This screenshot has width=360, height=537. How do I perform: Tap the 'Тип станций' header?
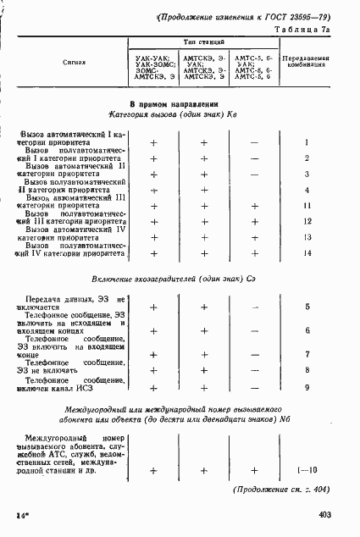click(x=204, y=41)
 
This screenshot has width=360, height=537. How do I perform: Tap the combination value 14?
click(x=307, y=253)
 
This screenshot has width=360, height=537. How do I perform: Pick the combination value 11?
click(x=307, y=206)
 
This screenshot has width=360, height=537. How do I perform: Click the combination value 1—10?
click(x=307, y=470)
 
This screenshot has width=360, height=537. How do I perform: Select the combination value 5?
click(x=307, y=306)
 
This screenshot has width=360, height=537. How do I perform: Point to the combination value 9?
click(x=307, y=387)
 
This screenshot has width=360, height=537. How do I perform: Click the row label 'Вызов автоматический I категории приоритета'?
click(x=72, y=139)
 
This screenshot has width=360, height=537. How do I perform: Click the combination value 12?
click(x=307, y=221)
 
